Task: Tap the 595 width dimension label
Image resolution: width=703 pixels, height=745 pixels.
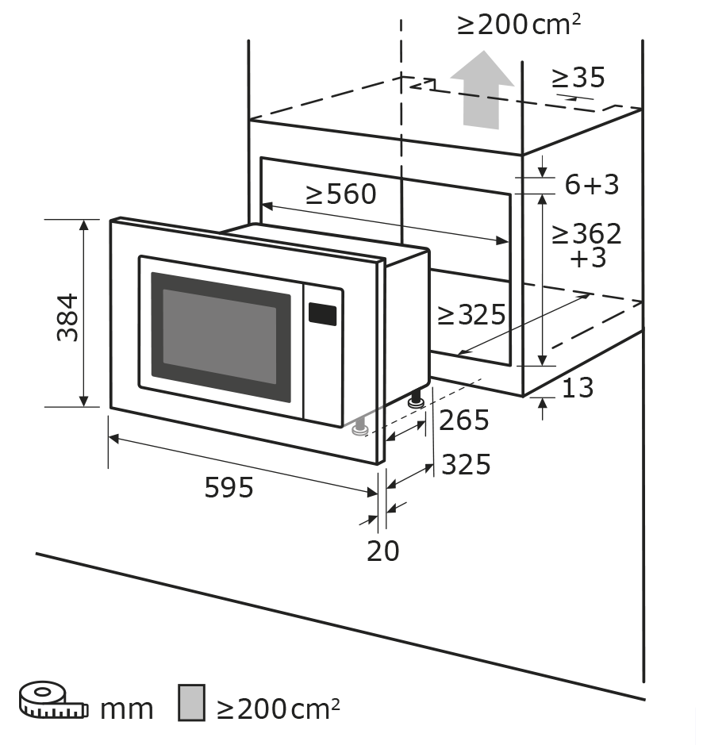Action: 229,487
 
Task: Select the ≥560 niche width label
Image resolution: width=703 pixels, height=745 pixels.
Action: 341,194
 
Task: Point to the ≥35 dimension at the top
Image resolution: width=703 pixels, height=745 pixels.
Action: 578,78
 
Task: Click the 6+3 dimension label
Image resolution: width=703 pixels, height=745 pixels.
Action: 591,185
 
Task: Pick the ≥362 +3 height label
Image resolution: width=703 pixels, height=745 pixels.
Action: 587,245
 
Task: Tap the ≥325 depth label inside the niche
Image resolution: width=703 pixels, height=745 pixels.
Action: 471,315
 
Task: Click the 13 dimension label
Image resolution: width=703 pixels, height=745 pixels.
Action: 578,388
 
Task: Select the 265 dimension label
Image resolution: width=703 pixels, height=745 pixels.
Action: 464,421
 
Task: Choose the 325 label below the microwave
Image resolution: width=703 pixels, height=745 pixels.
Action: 466,464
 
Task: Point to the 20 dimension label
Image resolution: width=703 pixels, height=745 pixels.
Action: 382,550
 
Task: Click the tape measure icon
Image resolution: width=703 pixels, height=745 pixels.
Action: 52,699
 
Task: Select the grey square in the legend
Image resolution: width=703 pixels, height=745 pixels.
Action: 192,703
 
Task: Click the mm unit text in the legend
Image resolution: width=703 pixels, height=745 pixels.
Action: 126,709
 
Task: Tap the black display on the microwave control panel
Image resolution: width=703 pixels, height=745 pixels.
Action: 323,314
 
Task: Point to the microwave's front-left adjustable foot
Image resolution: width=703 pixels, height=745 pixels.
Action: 360,428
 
